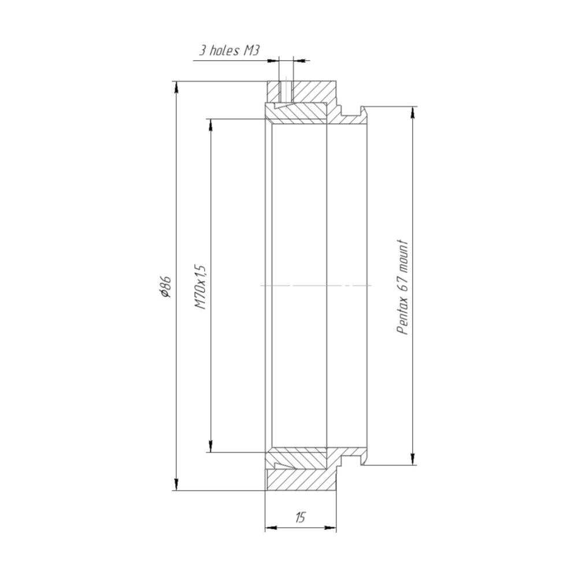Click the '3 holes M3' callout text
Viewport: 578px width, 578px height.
[229, 50]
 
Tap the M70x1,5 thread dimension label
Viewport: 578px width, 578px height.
[200, 286]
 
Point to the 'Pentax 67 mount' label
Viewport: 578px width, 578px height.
[402, 287]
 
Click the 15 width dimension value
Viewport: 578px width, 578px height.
[301, 517]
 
